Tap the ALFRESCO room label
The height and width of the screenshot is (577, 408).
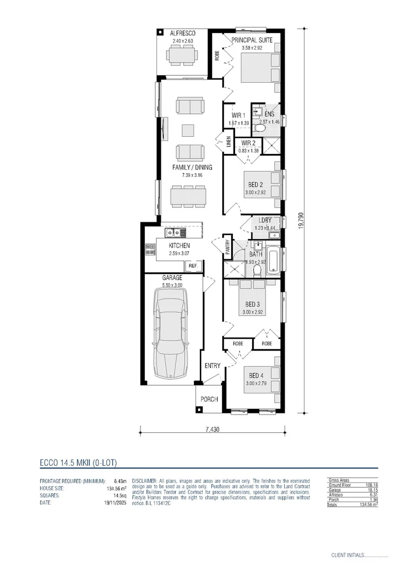click(182, 33)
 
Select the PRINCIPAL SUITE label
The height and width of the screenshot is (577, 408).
click(252, 40)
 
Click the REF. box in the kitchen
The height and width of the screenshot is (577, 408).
click(192, 266)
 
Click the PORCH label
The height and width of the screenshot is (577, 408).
click(209, 400)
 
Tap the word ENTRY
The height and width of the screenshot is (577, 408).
click(213, 366)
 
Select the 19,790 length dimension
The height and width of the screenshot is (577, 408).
click(301, 221)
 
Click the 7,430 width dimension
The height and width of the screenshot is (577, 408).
click(213, 429)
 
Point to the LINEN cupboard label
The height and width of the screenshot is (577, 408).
click(228, 142)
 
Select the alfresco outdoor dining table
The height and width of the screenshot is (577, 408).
click(182, 54)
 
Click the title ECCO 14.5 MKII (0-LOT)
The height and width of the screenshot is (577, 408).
click(78, 462)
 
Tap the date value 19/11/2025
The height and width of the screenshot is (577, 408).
click(116, 503)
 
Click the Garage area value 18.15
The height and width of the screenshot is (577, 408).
click(372, 490)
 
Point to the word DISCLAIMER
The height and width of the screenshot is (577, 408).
click(144, 481)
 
